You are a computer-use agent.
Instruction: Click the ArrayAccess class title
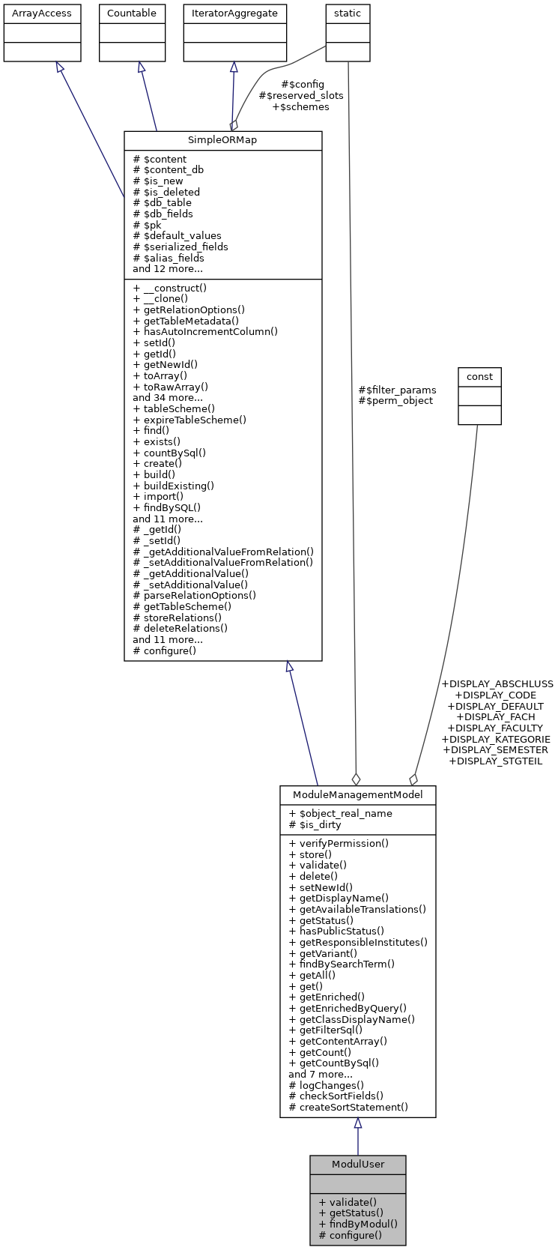coord(42,13)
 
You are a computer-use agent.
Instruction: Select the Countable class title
coord(132,13)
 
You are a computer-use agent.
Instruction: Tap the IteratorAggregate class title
coord(234,13)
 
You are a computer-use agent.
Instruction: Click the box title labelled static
coord(348,13)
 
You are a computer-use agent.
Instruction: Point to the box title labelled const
coord(479,376)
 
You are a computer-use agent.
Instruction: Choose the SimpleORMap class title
coord(222,141)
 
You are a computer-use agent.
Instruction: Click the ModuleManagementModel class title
coord(357,795)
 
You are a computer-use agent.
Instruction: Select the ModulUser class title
coord(357,1165)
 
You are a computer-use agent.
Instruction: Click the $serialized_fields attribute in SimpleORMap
coord(181,247)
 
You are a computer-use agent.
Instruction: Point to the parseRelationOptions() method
coord(194,596)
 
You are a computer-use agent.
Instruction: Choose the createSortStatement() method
coord(348,1107)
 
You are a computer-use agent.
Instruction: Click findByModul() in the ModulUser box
coord(357,1224)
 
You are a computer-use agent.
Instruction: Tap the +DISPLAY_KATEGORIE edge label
coord(496,739)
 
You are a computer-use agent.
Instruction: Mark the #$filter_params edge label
coord(397,390)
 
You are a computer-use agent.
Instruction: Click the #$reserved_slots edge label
coord(301,96)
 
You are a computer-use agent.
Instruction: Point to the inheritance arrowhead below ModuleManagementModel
coord(358,1123)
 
